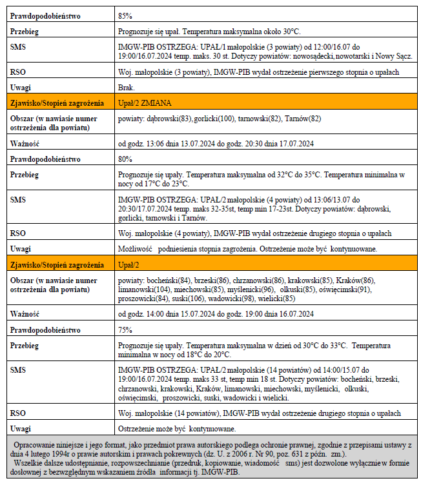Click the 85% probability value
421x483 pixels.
[x=125, y=15]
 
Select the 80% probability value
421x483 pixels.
[x=125, y=159]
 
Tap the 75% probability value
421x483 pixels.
[x=125, y=330]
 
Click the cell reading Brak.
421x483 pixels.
[x=127, y=87]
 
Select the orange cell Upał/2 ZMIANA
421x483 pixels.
[x=145, y=102]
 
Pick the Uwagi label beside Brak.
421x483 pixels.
[x=21, y=87]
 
